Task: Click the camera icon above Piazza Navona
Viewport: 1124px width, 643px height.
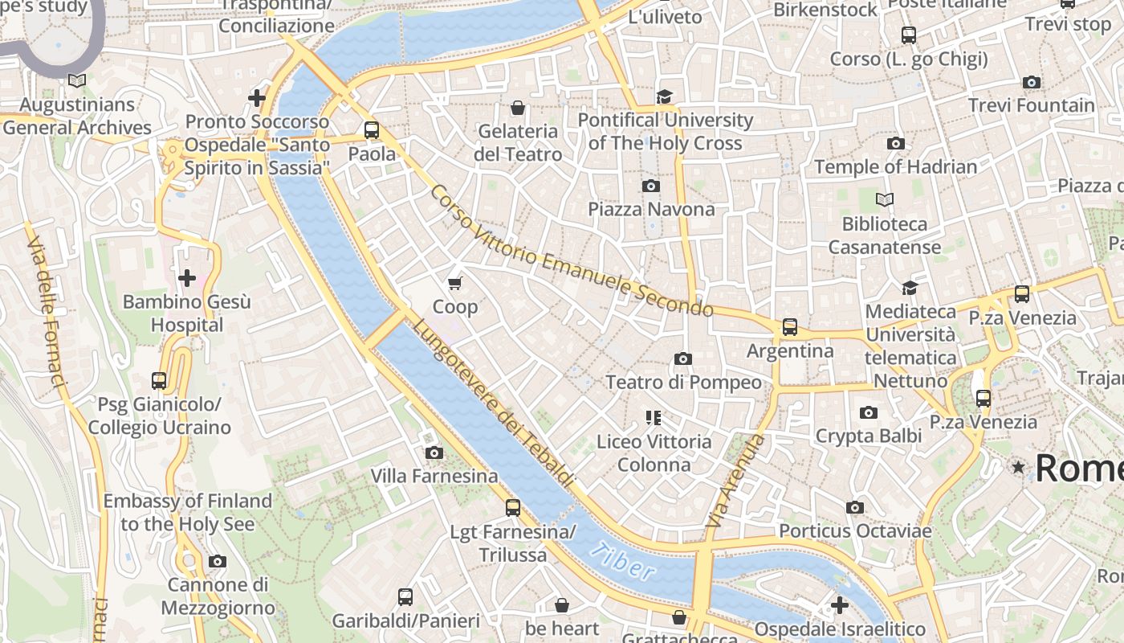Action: (x=651, y=186)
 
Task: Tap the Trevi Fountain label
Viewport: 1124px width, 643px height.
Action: (x=1031, y=105)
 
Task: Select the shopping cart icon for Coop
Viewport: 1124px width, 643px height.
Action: (x=455, y=283)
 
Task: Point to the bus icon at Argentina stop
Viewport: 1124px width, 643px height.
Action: (x=790, y=327)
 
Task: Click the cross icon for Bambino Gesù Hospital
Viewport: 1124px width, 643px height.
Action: (x=187, y=278)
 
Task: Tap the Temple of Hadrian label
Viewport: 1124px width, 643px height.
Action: (x=895, y=167)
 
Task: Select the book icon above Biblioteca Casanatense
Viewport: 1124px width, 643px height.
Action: (x=885, y=199)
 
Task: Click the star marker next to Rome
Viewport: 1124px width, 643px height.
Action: (x=1019, y=467)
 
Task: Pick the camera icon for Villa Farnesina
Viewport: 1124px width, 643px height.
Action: (x=434, y=453)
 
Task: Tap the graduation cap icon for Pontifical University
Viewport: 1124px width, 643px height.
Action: (x=664, y=97)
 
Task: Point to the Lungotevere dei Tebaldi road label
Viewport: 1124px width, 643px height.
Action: (x=494, y=403)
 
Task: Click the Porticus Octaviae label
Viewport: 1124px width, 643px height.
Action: (x=855, y=531)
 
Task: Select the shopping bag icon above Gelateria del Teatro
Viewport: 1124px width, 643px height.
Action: (x=518, y=108)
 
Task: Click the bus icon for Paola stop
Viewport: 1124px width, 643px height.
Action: (x=371, y=130)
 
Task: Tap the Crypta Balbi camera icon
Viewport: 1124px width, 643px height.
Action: (x=868, y=413)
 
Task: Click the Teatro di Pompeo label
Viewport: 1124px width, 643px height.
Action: (x=683, y=382)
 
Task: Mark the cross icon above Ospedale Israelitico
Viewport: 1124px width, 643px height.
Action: (x=840, y=605)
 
